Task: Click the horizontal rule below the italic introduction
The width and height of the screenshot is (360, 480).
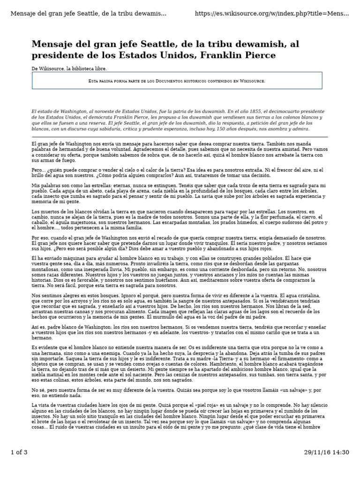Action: pyautogui.click(x=180, y=136)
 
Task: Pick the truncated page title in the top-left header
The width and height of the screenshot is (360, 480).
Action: pyautogui.click(x=88, y=13)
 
